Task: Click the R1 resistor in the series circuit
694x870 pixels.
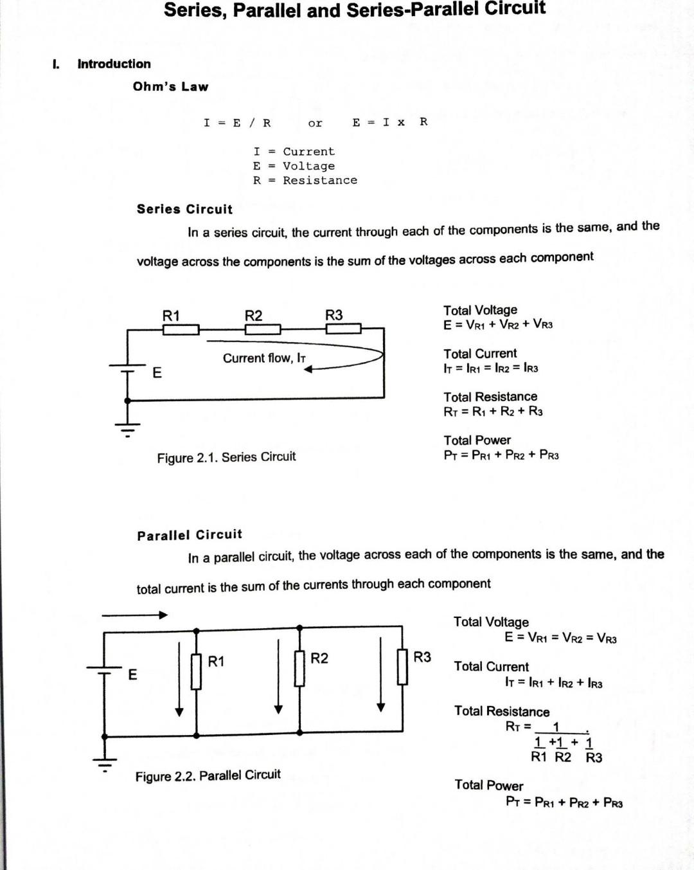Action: click(181, 330)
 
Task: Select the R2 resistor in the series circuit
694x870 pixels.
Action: click(263, 330)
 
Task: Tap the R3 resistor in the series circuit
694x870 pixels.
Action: click(343, 329)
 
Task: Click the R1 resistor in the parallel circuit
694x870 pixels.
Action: click(197, 671)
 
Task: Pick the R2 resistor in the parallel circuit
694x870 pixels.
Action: click(299, 669)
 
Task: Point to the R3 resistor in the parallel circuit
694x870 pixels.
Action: click(403, 667)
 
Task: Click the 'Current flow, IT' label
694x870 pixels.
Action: click(264, 358)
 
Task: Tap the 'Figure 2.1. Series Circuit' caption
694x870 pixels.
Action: click(226, 457)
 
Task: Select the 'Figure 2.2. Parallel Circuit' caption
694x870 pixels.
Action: click(208, 775)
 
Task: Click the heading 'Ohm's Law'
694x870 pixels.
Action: click(170, 87)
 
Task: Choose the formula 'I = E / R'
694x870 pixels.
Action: click(237, 123)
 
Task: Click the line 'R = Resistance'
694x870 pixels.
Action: click(305, 181)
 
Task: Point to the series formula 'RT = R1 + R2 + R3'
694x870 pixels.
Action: click(493, 412)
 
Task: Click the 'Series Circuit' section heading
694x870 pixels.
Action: click(184, 209)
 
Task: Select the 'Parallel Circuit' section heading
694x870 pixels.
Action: click(190, 535)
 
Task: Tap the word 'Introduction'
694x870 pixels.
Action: click(114, 64)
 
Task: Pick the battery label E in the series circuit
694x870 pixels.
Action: click(157, 372)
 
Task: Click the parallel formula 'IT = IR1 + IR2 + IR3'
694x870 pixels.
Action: click(554, 683)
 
